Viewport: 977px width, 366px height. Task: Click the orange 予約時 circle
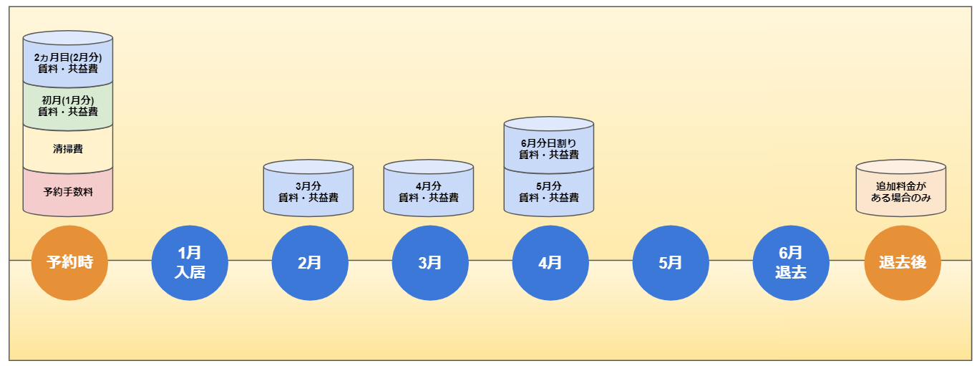point(69,262)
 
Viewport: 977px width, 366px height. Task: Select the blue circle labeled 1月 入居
point(190,262)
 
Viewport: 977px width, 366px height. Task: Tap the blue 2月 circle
point(310,262)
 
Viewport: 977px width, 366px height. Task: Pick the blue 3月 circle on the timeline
point(430,262)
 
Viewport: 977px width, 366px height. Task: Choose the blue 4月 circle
point(550,262)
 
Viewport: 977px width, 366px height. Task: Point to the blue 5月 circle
point(671,262)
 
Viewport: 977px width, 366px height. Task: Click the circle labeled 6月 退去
point(791,262)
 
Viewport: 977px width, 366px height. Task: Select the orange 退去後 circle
point(903,262)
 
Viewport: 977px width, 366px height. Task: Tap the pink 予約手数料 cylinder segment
point(68,193)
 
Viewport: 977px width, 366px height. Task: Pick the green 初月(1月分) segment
point(68,106)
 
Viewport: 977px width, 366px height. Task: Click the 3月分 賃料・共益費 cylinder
point(308,192)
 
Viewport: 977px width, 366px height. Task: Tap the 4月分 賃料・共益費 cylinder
point(428,192)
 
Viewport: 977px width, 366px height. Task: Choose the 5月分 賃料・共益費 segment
point(549,193)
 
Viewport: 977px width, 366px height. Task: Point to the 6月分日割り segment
point(549,149)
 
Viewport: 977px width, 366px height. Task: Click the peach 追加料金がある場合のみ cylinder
point(900,192)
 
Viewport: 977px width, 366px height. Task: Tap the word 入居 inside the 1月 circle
point(190,272)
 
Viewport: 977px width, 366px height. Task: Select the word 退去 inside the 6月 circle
point(791,272)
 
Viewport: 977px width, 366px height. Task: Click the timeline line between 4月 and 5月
point(611,261)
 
